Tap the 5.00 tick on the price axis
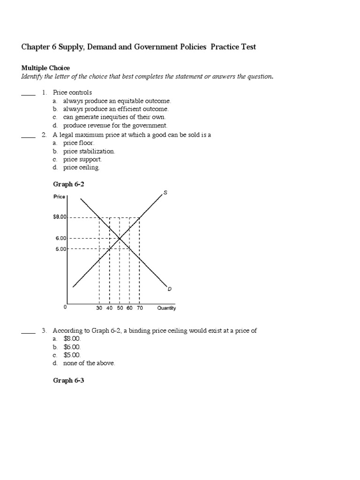(62, 249)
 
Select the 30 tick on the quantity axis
(99, 308)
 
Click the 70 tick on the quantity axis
(140, 308)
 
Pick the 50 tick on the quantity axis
(120, 308)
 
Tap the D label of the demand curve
(169, 289)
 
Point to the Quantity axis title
(166, 308)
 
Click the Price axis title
(59, 197)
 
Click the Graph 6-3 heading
(68, 381)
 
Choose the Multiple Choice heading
(45, 68)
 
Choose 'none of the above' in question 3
(89, 363)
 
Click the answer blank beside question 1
(28, 93)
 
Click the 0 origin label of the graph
(65, 307)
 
